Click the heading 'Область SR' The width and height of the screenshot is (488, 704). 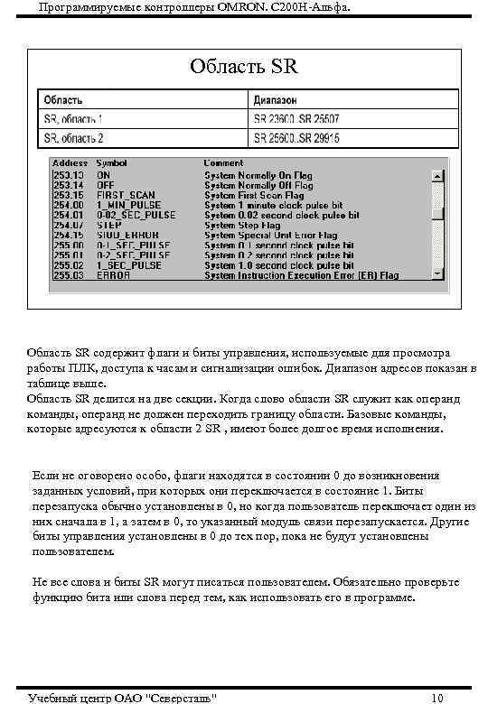[x=243, y=67]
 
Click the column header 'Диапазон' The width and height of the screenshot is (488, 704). [x=277, y=99]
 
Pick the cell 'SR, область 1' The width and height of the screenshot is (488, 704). [x=73, y=118]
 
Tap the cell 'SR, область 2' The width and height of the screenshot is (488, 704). [x=73, y=138]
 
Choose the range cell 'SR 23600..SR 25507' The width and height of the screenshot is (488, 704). [x=296, y=118]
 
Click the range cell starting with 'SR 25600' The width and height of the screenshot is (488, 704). [x=296, y=138]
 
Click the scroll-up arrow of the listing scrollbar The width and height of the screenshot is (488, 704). [x=437, y=175]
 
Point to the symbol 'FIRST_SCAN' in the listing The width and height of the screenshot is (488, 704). [x=126, y=195]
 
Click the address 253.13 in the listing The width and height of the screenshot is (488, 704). [x=69, y=175]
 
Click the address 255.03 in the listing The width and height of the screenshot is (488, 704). [x=69, y=275]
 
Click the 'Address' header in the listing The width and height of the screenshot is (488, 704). [x=70, y=163]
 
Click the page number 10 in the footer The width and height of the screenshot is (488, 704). [x=437, y=698]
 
